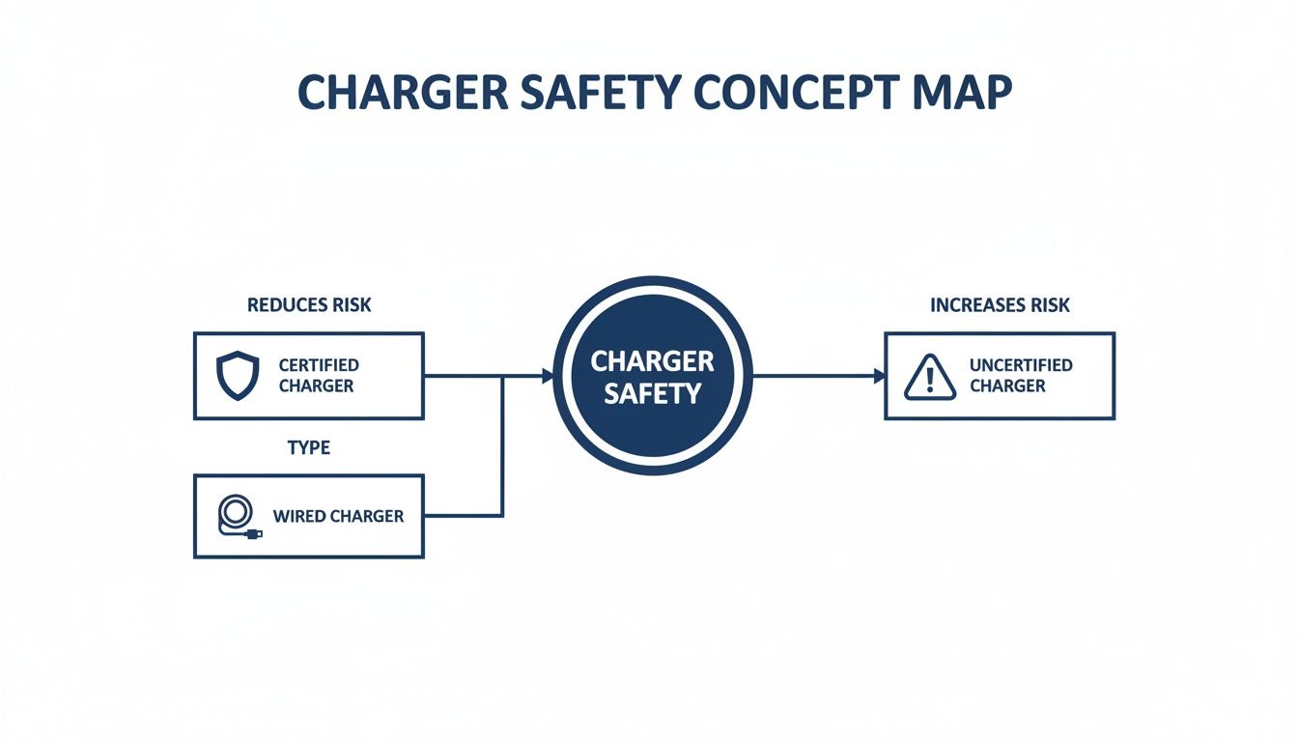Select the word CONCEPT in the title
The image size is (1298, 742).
(809, 92)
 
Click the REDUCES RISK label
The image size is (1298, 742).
(309, 305)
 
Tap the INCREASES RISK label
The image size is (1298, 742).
(1000, 305)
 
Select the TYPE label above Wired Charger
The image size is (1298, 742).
(309, 448)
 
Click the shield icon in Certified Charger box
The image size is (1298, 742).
(238, 376)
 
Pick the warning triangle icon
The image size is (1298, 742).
(929, 377)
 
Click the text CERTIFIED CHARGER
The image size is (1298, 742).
(318, 376)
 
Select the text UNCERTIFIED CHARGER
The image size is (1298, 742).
(1020, 376)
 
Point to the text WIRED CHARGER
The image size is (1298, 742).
(338, 516)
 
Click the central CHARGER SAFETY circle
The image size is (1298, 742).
(652, 377)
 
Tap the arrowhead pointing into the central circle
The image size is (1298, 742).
(548, 377)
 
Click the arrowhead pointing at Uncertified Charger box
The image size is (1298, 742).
(879, 377)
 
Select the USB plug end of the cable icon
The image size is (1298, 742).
(255, 533)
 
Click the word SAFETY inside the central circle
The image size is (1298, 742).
(652, 394)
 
